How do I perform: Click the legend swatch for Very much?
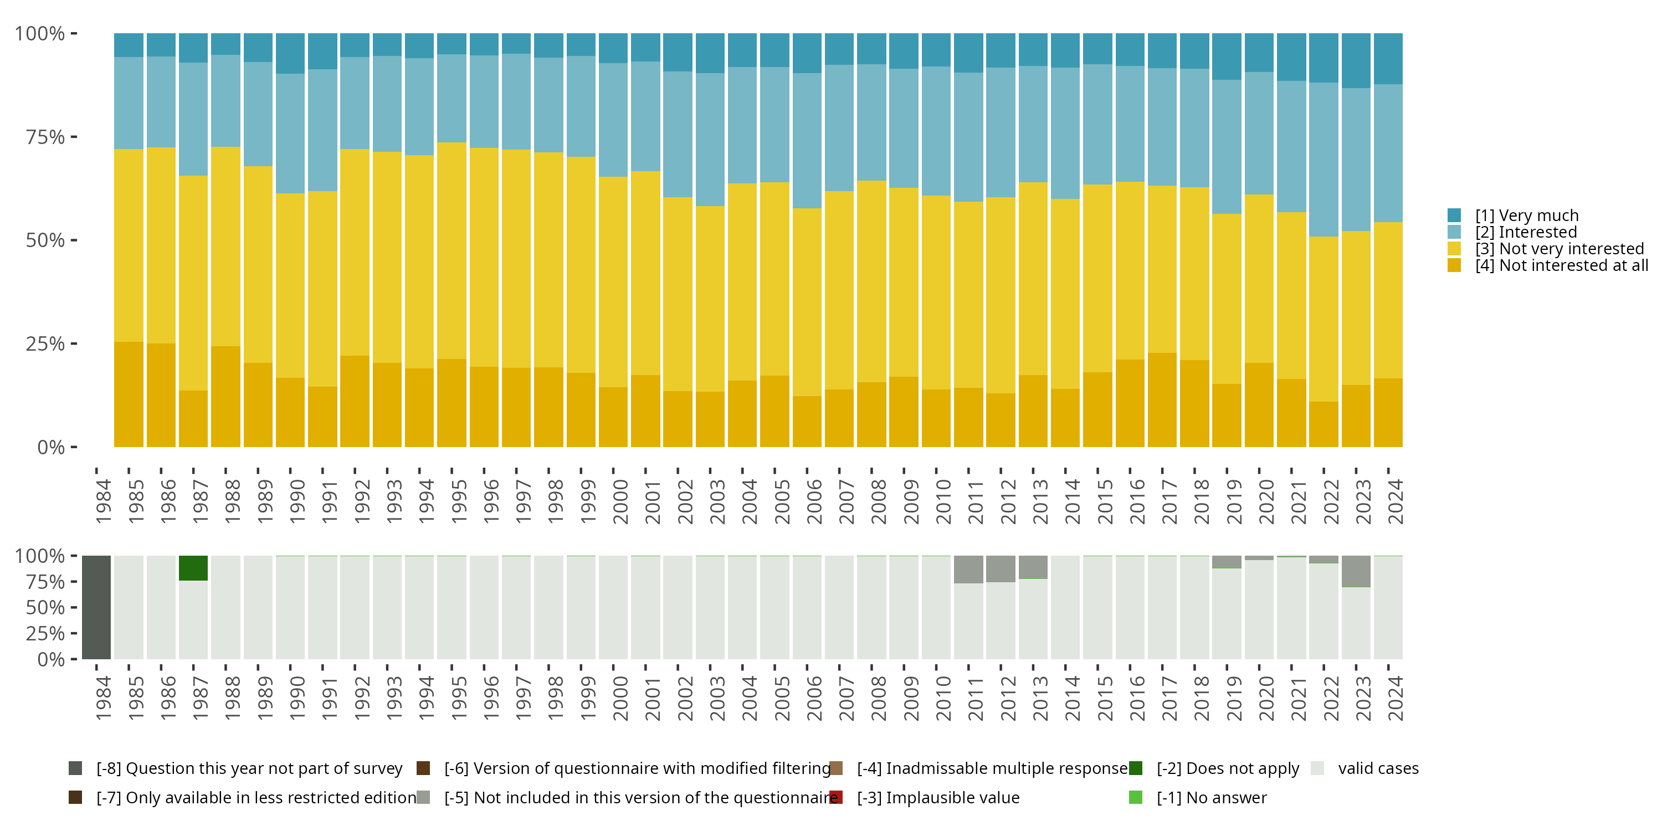[x=1454, y=216]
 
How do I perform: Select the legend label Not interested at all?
[x=1561, y=266]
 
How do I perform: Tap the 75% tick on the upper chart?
[x=45, y=137]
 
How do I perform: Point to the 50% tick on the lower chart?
[x=45, y=607]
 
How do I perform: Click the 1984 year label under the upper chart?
[x=103, y=501]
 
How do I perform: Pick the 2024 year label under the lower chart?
[x=1396, y=698]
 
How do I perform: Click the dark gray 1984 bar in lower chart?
[x=97, y=607]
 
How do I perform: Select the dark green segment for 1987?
[x=193, y=568]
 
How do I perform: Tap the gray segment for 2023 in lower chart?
[x=1356, y=571]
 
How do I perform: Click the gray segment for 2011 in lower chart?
[x=968, y=569]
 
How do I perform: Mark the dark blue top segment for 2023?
[x=1356, y=60]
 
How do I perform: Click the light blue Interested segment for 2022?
[x=1324, y=160]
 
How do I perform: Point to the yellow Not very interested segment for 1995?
[x=452, y=250]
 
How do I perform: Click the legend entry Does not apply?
[x=1227, y=768]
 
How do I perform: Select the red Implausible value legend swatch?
[x=836, y=797]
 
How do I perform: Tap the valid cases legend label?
[x=1378, y=768]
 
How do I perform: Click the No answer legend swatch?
[x=1136, y=797]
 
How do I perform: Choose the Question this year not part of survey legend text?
[x=249, y=768]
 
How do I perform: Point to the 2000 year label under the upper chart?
[x=620, y=501]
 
